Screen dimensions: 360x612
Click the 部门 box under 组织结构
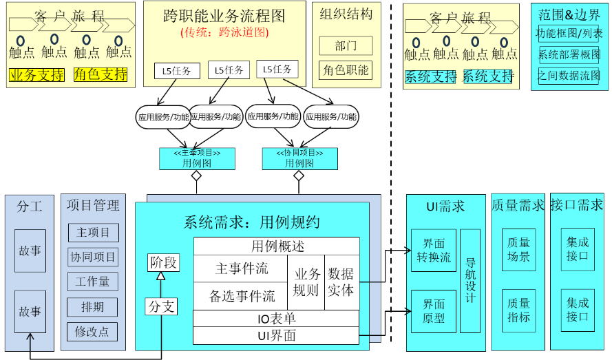(x=346, y=46)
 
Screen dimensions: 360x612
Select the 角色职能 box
(x=346, y=70)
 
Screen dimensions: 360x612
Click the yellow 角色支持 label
(x=101, y=74)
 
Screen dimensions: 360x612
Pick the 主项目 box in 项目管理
(x=93, y=233)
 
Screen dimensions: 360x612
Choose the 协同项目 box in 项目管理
(x=93, y=257)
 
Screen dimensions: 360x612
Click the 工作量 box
(x=93, y=282)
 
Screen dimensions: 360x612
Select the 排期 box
(x=93, y=306)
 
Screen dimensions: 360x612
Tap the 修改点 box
(x=93, y=331)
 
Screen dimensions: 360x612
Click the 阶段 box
(x=164, y=262)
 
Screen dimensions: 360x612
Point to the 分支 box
(x=161, y=306)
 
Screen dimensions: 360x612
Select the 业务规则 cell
(x=306, y=282)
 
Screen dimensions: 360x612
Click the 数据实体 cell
(x=341, y=282)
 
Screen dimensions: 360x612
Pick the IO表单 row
(x=276, y=319)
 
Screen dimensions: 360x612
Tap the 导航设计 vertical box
(x=470, y=280)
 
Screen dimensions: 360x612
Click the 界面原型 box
(x=434, y=311)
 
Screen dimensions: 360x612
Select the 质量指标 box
(x=518, y=310)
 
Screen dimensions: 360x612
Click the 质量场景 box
(x=518, y=250)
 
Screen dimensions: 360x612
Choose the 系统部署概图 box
(x=569, y=55)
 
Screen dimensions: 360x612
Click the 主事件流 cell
(x=241, y=268)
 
